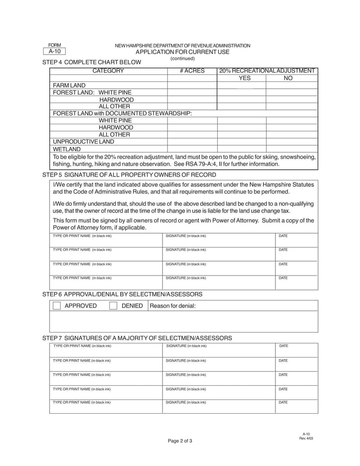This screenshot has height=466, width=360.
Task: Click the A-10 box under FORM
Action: point(54,51)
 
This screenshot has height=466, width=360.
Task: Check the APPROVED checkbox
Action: point(57,306)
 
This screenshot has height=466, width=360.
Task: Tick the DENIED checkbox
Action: point(114,306)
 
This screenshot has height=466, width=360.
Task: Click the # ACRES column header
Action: point(192,71)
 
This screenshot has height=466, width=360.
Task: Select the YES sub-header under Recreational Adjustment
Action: point(244,78)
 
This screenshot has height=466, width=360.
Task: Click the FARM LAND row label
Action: point(69,85)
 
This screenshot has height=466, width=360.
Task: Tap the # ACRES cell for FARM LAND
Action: point(192,85)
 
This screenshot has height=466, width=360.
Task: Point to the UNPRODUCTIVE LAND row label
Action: point(83,141)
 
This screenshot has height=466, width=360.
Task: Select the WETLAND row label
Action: point(67,149)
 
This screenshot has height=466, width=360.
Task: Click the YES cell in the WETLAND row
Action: point(242,149)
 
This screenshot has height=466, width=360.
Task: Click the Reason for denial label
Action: point(173,306)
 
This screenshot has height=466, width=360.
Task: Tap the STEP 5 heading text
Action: point(129,175)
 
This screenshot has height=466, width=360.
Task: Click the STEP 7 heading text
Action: point(137,338)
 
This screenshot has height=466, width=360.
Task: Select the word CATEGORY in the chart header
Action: point(108,71)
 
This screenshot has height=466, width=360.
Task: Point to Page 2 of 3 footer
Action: point(180,441)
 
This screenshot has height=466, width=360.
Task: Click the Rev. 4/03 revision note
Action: point(306,438)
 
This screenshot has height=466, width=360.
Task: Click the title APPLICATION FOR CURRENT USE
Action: point(182,52)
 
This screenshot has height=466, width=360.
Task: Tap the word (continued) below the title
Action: point(182,59)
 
